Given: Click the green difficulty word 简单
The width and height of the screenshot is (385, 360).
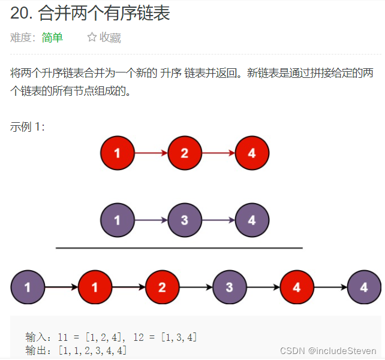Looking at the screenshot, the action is tap(52, 38).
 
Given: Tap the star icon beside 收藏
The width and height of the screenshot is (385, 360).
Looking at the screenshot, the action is tap(92, 38).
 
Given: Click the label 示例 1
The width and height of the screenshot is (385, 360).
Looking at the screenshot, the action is tap(27, 126).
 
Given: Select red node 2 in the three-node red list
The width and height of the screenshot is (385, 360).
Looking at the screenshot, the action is tap(184, 153).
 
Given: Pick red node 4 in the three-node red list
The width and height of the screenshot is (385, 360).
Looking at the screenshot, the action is tap(252, 153).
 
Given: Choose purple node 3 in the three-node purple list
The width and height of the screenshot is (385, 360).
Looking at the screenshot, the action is tap(184, 220).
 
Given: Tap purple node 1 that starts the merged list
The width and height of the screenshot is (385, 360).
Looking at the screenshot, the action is tap(28, 287).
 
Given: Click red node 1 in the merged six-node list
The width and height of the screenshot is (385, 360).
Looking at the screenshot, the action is tap(95, 287).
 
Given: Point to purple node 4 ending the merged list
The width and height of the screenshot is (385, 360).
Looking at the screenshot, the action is tap(364, 287).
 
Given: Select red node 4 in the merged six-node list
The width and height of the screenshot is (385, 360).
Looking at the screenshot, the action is tap(297, 287).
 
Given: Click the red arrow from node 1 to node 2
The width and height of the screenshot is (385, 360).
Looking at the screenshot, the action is tap(151, 153).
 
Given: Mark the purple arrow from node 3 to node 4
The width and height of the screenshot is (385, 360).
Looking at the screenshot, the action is tap(218, 220).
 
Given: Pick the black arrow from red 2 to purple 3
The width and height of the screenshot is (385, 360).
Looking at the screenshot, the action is tap(195, 287).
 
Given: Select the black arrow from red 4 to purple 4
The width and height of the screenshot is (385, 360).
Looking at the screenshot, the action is tap(330, 287).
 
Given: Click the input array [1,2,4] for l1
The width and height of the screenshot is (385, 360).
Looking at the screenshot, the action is tap(106, 337).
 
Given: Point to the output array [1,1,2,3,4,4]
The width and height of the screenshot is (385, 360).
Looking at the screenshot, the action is tap(92, 350).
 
